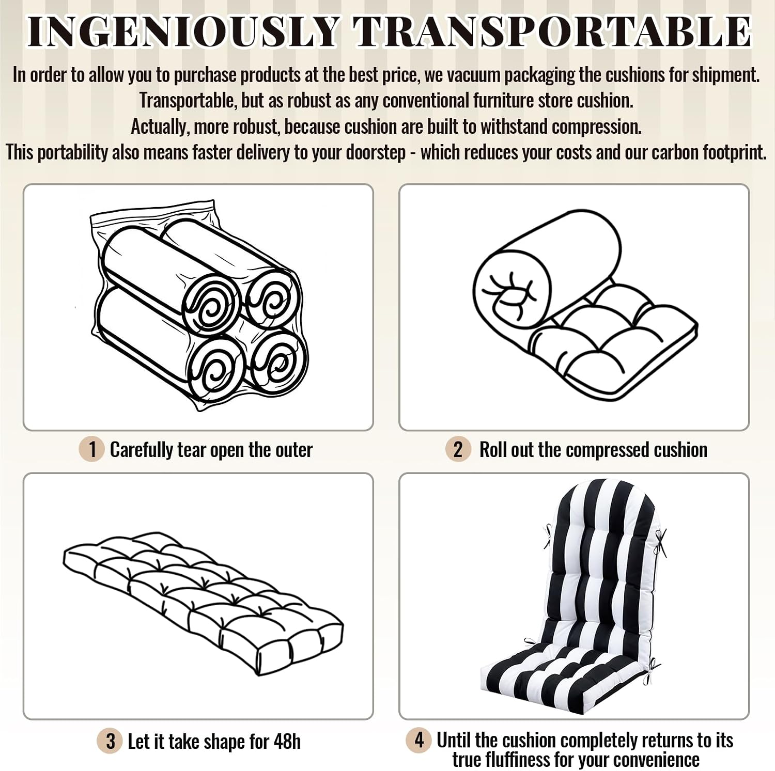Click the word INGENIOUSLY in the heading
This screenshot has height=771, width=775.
[x=183, y=32]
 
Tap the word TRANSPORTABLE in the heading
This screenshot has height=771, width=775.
[x=552, y=32]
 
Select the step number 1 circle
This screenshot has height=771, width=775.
[x=92, y=449]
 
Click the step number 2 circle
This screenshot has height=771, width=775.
[x=458, y=449]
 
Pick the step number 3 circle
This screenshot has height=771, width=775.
[x=110, y=741]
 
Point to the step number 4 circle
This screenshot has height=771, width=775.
[x=419, y=739]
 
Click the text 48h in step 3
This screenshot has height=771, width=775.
[x=287, y=742]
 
